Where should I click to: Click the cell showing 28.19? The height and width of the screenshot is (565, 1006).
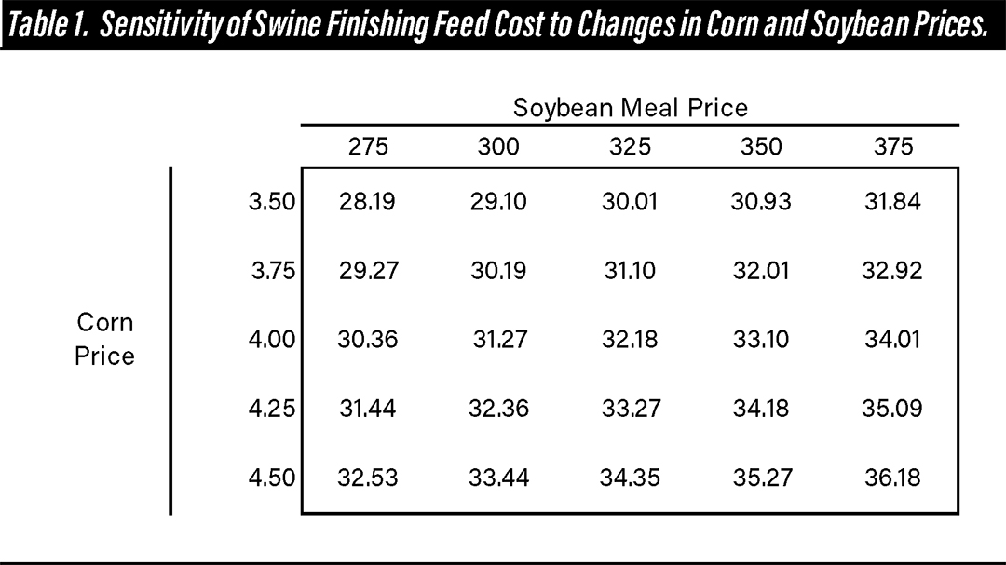pos(367,202)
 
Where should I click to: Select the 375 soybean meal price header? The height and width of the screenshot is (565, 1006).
pos(893,147)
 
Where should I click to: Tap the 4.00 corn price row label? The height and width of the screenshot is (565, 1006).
pos(272,340)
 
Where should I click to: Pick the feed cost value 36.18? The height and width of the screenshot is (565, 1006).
pos(892,478)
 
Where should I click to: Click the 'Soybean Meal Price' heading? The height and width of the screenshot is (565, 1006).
pos(630,108)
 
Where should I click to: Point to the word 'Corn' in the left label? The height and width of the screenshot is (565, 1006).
pos(105,323)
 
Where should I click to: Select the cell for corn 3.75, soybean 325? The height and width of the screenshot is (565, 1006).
pos(629,271)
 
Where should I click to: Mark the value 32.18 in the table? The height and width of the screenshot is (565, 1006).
pos(630,340)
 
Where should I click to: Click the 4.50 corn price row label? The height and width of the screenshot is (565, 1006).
pos(272,478)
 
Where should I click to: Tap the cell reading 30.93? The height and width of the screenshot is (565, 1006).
pos(761,202)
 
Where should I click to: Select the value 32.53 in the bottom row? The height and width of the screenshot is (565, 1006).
pos(367,478)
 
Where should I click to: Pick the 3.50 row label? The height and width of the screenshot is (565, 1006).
pos(272,202)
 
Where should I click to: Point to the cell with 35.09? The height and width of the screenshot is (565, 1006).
pos(892,409)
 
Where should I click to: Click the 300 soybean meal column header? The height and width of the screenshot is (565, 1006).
pos(498,147)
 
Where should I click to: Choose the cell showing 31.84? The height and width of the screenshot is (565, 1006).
pos(892,202)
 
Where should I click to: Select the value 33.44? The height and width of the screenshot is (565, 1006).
pos(499,478)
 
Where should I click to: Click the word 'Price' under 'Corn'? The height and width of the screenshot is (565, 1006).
pos(105,356)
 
